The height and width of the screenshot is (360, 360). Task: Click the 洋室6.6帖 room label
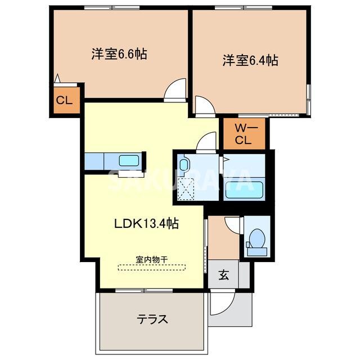coord(119,55)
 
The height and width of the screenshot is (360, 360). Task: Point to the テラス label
coord(152,319)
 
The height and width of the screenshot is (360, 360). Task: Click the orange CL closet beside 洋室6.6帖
coord(64,101)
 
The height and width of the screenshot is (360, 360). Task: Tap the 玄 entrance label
coord(223,275)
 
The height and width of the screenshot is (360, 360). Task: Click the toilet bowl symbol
coord(256,238)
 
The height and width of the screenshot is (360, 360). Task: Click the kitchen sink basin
coord(131,160)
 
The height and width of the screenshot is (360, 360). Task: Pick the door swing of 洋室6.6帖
coord(176,89)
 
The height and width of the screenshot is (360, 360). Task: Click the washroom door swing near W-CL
coord(207,141)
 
